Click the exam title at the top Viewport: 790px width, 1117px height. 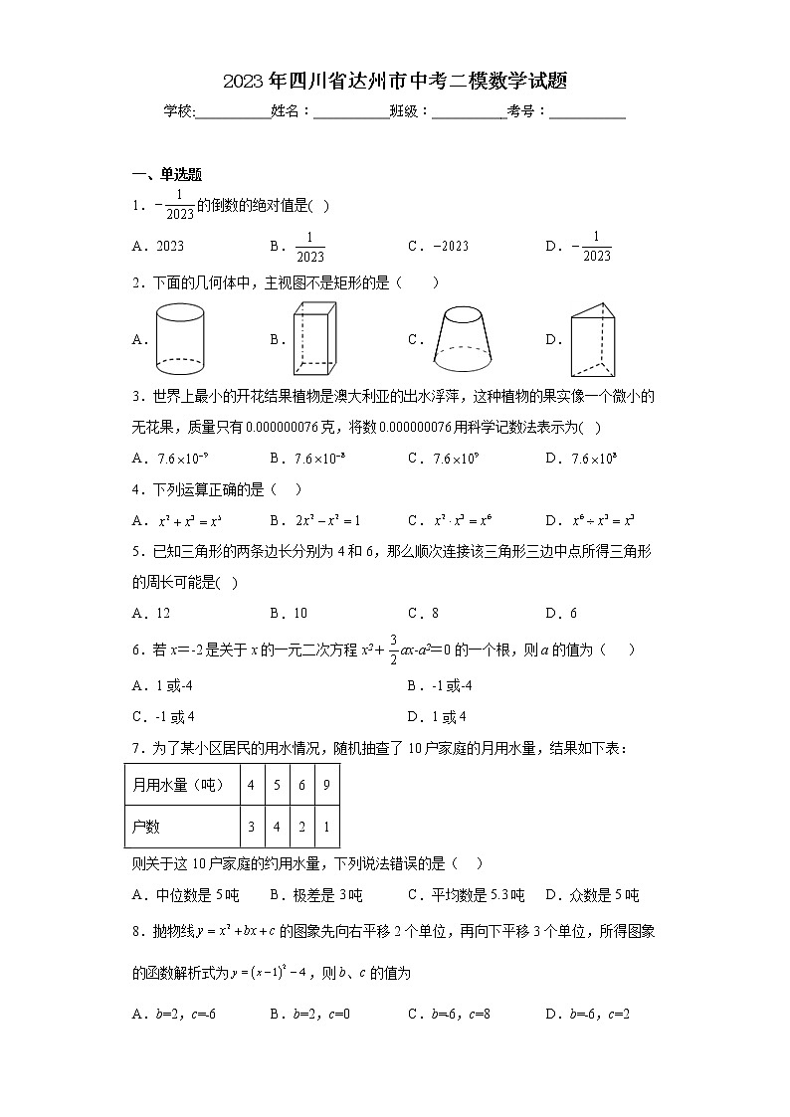click(395, 82)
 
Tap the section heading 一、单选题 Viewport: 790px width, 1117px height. click(167, 175)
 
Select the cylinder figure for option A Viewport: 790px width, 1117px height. click(180, 339)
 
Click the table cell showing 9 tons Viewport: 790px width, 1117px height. click(326, 785)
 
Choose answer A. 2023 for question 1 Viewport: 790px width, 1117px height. click(159, 247)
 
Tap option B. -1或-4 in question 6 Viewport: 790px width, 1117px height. click(439, 685)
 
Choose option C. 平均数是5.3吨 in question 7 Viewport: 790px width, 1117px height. click(466, 895)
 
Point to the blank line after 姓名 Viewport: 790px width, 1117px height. click(351, 112)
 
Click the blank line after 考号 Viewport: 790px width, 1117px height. click(587, 112)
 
